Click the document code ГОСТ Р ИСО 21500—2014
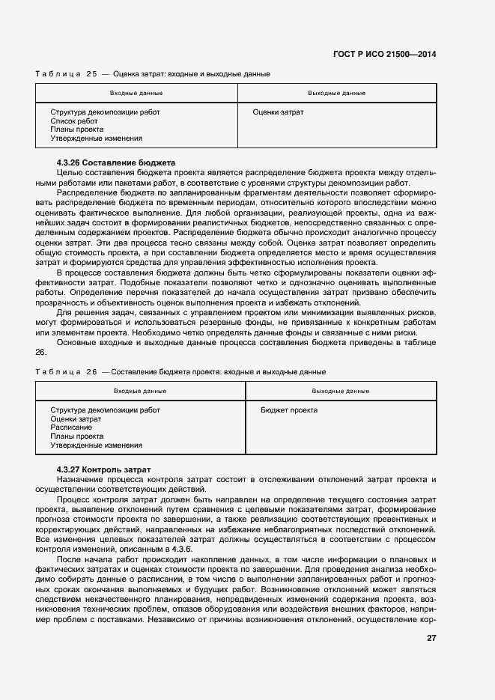click(x=385, y=54)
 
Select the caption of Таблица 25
click(x=153, y=74)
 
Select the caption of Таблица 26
click(x=180, y=372)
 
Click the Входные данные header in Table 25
click(x=136, y=93)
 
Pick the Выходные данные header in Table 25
click(x=336, y=93)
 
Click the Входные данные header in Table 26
click(x=140, y=391)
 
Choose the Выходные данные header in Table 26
click(x=340, y=391)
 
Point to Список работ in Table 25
click(x=74, y=121)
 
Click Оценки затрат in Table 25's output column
click(x=278, y=112)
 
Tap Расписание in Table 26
click(x=72, y=427)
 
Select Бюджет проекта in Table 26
click(x=289, y=410)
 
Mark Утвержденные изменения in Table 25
click(x=96, y=139)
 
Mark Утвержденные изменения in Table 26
click(x=96, y=445)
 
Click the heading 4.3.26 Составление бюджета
click(x=115, y=162)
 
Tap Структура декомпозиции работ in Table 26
click(x=105, y=410)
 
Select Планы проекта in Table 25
click(x=77, y=130)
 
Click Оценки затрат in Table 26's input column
click(x=76, y=419)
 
